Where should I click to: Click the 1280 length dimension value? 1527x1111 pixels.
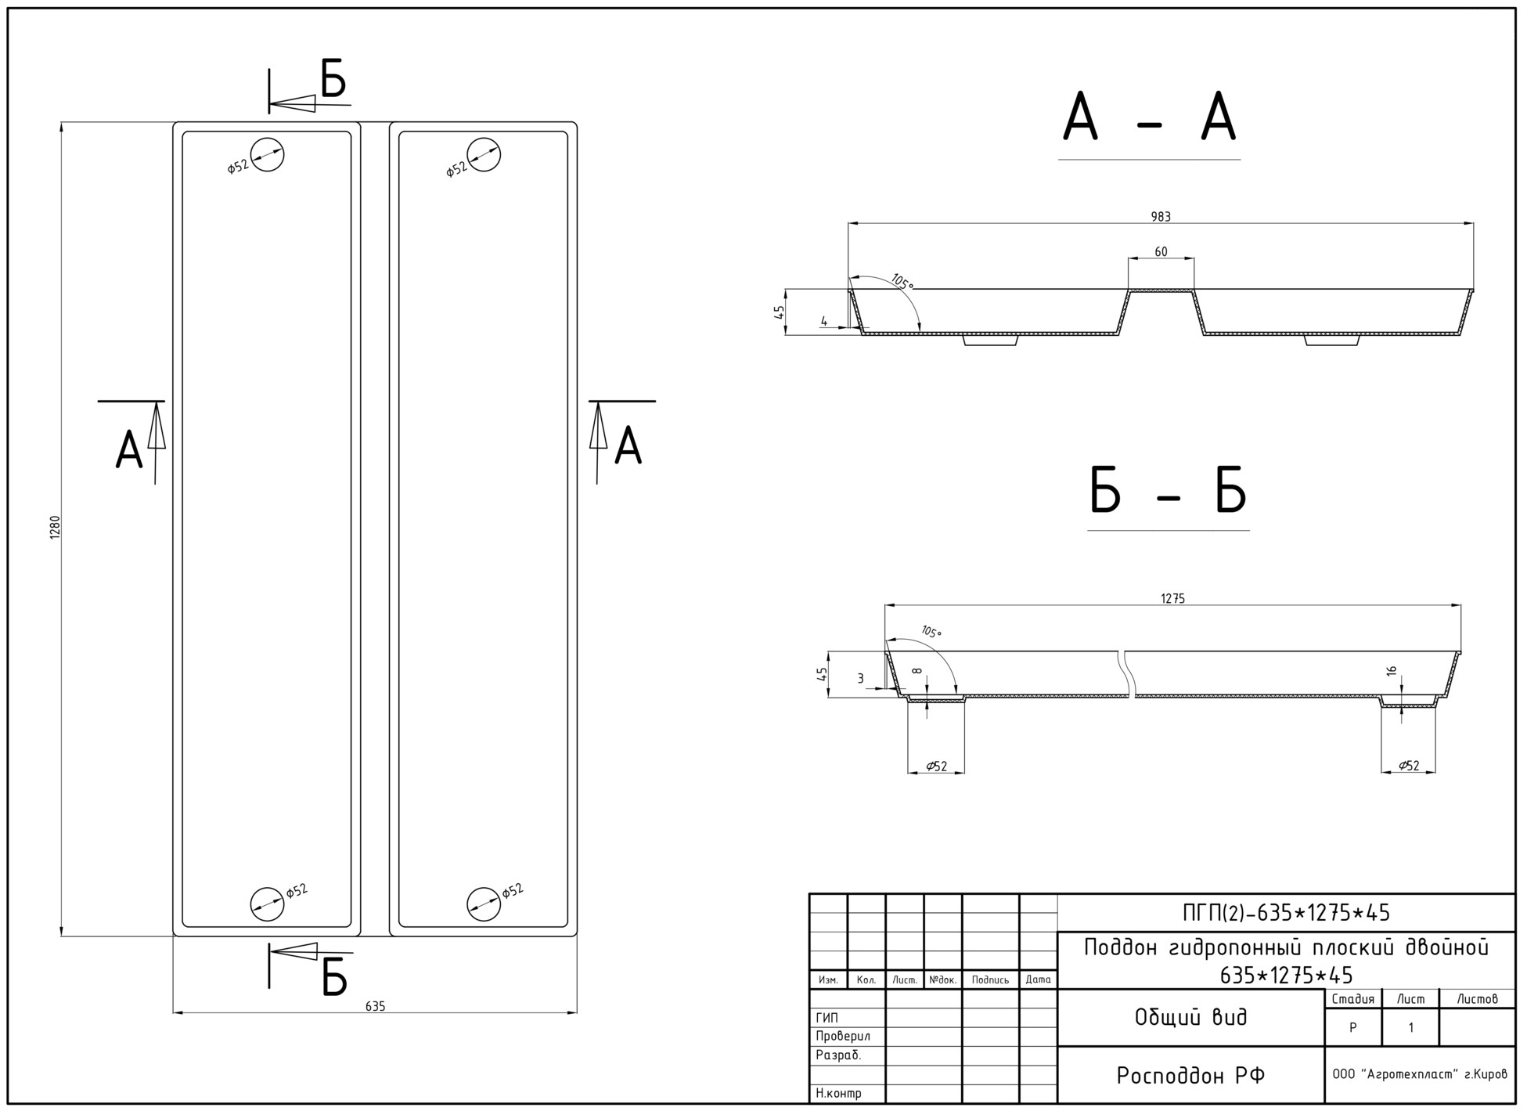click(x=55, y=527)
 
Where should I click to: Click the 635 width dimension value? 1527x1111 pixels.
click(x=375, y=1006)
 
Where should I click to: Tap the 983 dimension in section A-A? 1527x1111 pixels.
click(x=1161, y=217)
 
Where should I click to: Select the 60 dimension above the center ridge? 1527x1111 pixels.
click(x=1161, y=251)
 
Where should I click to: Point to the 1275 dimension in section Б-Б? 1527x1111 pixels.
click(x=1172, y=599)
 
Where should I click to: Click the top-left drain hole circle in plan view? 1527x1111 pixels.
click(x=267, y=154)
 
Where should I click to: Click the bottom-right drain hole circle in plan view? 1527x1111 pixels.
click(x=484, y=904)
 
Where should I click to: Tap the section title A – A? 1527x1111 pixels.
click(x=1149, y=117)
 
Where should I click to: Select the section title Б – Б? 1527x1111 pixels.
click(x=1168, y=491)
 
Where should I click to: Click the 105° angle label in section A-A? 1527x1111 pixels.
click(x=902, y=282)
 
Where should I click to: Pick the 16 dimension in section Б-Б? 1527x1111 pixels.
click(x=1391, y=672)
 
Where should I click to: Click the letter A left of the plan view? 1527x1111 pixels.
click(x=129, y=450)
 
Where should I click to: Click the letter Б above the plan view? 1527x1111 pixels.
click(x=334, y=79)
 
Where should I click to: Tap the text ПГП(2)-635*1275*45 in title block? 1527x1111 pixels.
click(x=1286, y=913)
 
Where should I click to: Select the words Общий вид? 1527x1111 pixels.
click(x=1190, y=1017)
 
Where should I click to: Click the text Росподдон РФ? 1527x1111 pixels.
click(x=1190, y=1076)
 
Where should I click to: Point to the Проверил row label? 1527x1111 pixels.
click(x=843, y=1036)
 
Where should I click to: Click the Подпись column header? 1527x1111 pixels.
click(x=990, y=979)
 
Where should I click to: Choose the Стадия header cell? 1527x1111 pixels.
click(x=1353, y=999)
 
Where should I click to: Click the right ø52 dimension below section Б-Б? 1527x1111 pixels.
click(x=1409, y=766)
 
